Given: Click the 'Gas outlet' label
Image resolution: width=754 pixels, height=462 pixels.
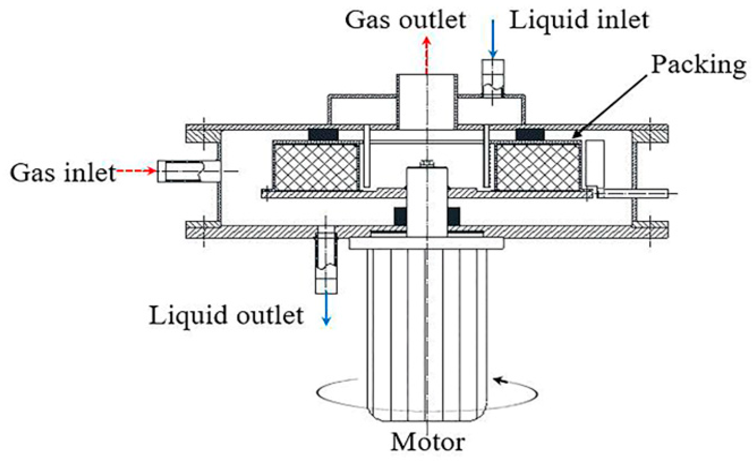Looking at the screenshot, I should [406, 20].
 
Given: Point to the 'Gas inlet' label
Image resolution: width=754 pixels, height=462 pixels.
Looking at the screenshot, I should [63, 172].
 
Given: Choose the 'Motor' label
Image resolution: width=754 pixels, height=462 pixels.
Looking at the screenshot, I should [428, 442].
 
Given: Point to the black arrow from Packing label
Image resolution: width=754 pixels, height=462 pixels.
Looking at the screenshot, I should [609, 107].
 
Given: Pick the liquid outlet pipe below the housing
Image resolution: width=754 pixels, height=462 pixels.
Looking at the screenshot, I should [326, 263].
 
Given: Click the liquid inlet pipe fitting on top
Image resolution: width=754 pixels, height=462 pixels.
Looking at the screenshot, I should [493, 78].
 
